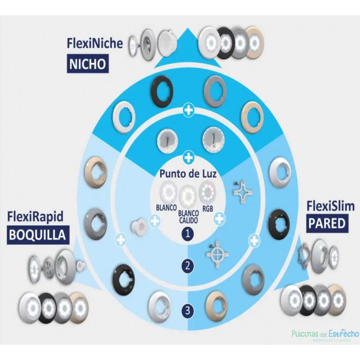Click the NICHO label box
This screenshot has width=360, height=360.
pyautogui.click(x=87, y=63)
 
